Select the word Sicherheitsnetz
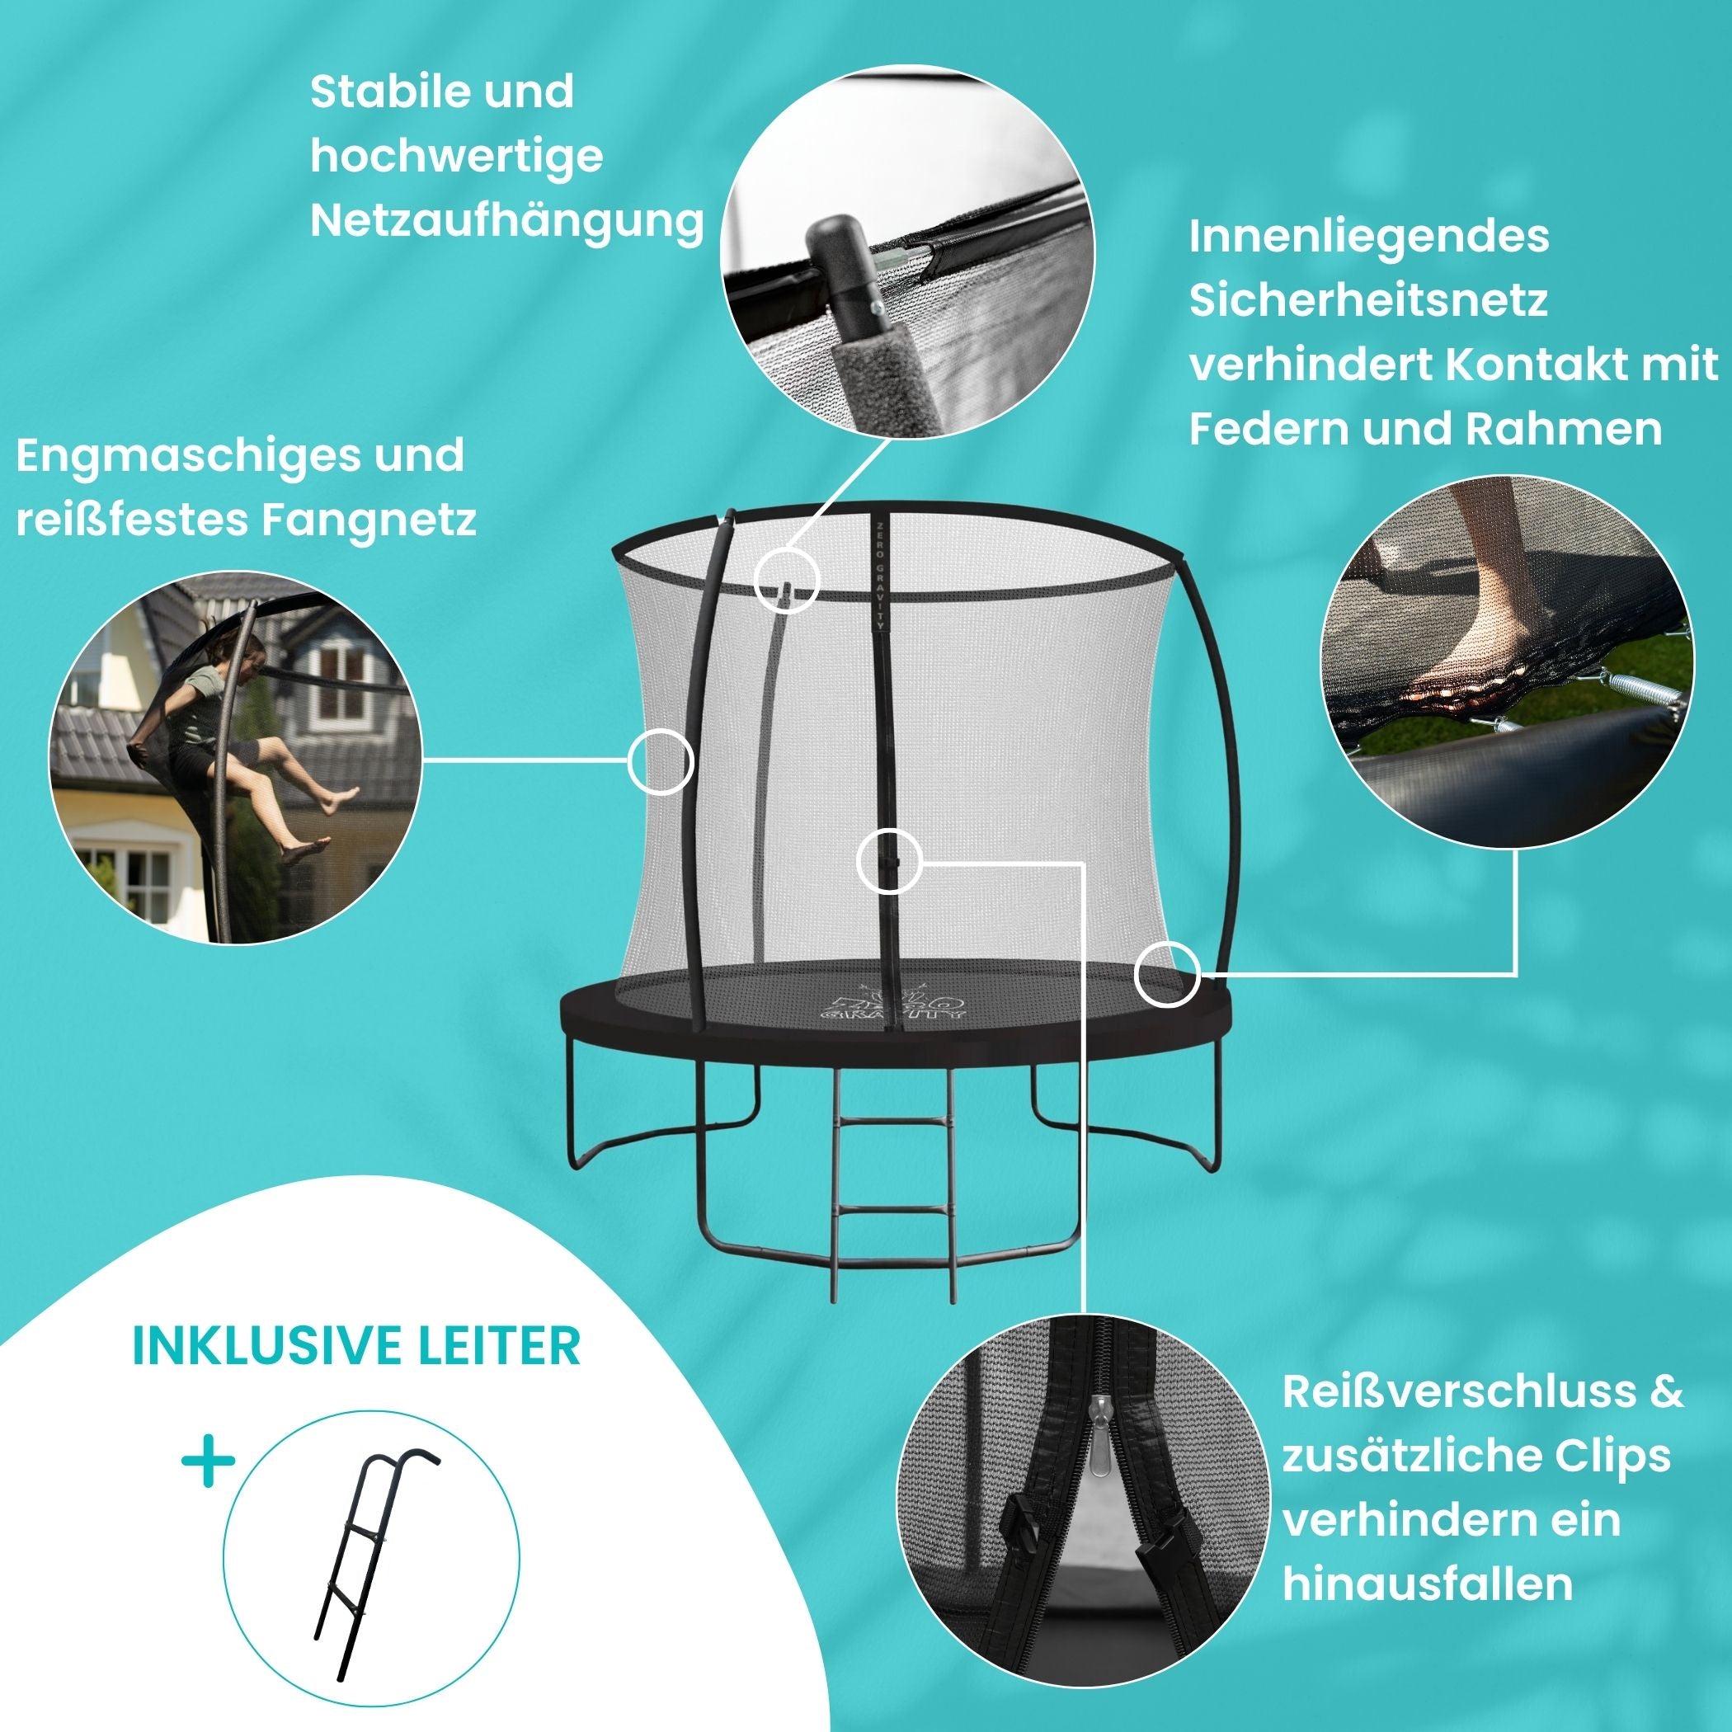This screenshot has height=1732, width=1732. pyautogui.click(x=1368, y=300)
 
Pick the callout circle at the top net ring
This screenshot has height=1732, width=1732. pyautogui.click(x=786, y=580)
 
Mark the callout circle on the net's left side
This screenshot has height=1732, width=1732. pyautogui.click(x=661, y=761)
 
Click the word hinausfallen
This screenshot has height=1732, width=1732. pyautogui.click(x=1427, y=1610)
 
